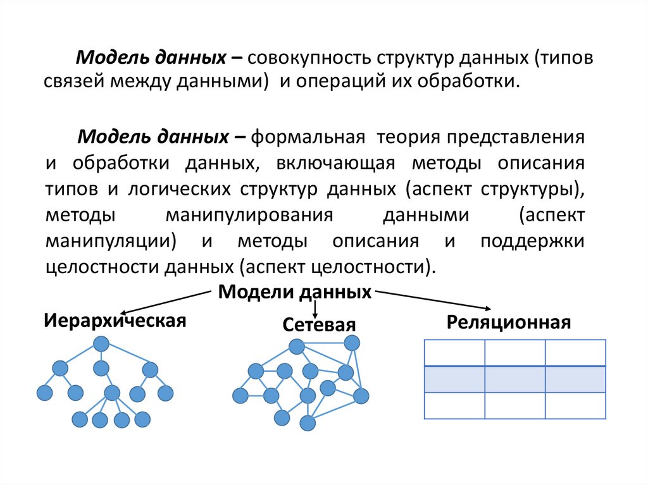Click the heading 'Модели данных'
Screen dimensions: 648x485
(x=295, y=292)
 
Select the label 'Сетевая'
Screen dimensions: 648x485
(x=319, y=325)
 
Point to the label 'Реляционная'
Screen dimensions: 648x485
(x=509, y=323)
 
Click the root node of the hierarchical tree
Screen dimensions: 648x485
(x=101, y=344)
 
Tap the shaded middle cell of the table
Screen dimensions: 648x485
(x=514, y=379)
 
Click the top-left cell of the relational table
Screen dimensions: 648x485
(x=454, y=352)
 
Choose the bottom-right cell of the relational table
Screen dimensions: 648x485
(x=575, y=405)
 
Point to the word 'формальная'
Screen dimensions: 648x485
(x=309, y=137)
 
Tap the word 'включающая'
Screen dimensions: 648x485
(x=335, y=163)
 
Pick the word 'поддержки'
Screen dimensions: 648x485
(x=532, y=241)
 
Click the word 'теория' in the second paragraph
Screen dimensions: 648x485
(x=407, y=137)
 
